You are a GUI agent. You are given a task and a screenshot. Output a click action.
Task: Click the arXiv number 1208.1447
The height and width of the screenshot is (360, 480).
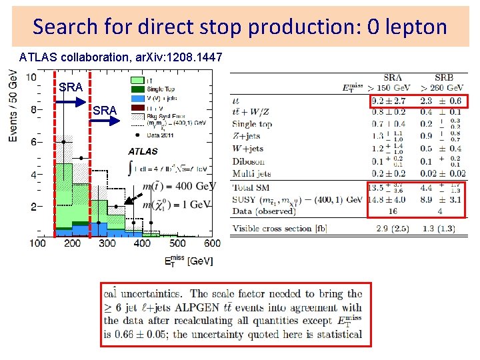coord(199,58)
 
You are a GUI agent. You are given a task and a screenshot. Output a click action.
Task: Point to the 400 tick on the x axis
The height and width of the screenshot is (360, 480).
coord(142,243)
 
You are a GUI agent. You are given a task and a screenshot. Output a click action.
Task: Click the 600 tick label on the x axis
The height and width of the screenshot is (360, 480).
coord(212,243)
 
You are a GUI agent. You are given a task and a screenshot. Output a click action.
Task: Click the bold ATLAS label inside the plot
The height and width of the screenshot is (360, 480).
coord(143,151)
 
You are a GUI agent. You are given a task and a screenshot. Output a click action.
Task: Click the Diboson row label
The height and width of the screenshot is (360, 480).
coord(248,161)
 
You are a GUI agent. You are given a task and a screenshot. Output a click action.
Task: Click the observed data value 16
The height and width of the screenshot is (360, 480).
coord(392,211)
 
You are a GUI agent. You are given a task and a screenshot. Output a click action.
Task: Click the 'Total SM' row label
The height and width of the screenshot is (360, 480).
coord(252,188)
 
